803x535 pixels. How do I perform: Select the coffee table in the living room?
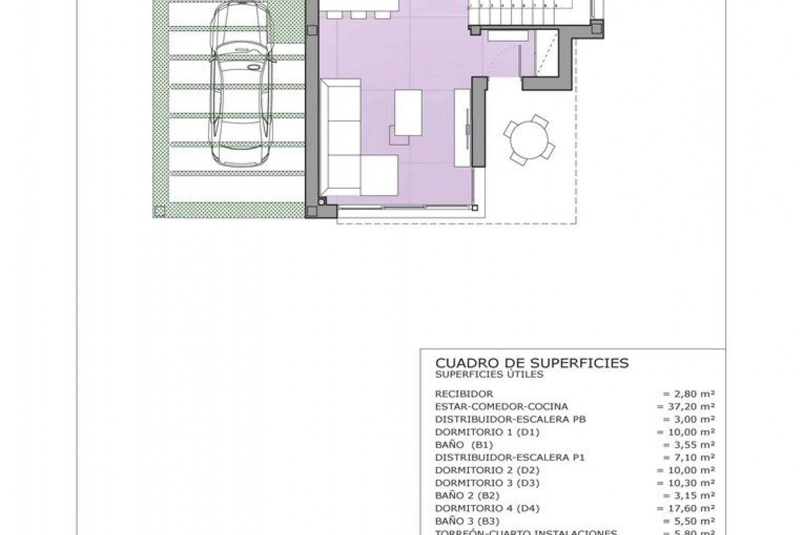tap(408, 113)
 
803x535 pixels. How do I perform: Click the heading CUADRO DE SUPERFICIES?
tap(532, 363)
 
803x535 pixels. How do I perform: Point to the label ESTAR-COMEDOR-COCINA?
tap(501, 406)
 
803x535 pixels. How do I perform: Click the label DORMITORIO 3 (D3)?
tap(487, 483)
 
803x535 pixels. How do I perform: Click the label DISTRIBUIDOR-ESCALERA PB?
tap(510, 419)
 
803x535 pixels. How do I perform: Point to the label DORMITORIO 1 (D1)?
tap(487, 432)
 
